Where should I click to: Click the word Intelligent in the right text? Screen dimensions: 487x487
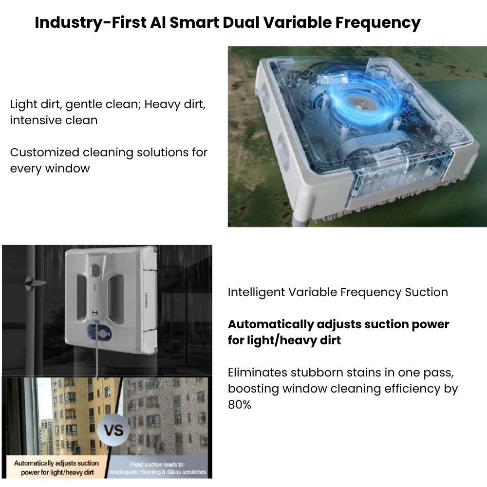(x=256, y=292)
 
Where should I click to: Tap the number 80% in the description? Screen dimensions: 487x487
(x=240, y=404)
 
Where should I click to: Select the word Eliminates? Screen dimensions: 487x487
(x=257, y=373)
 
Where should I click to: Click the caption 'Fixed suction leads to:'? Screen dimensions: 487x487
(x=158, y=464)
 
